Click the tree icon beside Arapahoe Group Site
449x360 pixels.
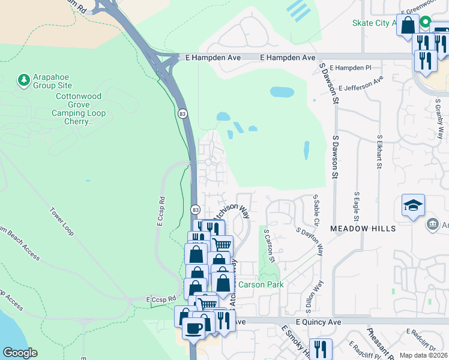click(23, 80)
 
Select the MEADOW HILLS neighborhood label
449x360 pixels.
click(363, 229)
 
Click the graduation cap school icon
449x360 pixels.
click(413, 206)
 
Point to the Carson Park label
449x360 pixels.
click(261, 284)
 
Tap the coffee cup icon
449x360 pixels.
click(193, 328)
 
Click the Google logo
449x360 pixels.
click(19, 353)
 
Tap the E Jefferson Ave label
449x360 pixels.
click(360, 83)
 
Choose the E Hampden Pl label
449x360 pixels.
click(351, 68)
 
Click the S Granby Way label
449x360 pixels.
click(440, 122)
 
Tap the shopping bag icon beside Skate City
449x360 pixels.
click(408, 26)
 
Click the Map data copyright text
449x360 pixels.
click(423, 355)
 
